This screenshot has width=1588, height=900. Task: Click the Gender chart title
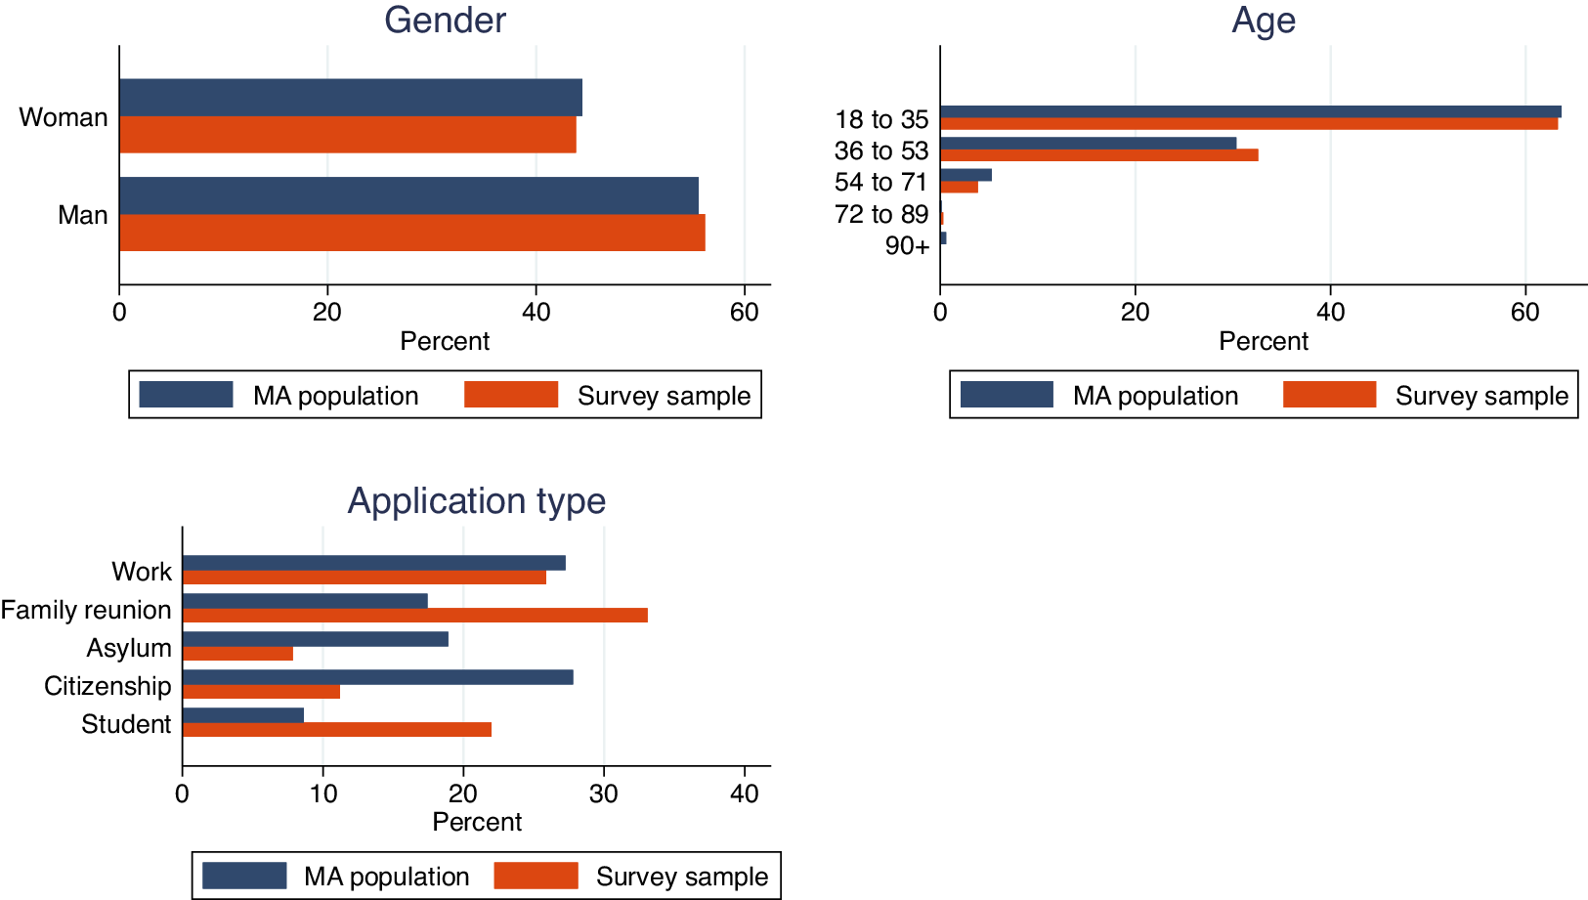(x=445, y=21)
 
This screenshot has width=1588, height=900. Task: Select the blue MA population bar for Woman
(x=350, y=98)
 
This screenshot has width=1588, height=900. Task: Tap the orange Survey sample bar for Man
(x=411, y=233)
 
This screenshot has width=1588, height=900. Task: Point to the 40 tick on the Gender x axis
(x=536, y=312)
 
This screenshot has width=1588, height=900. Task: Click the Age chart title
(x=1263, y=21)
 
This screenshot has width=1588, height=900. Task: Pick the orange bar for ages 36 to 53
(x=1098, y=155)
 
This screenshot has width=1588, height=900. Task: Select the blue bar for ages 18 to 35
(x=1250, y=111)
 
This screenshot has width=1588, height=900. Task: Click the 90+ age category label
(x=907, y=246)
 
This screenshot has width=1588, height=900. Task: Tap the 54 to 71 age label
(x=880, y=183)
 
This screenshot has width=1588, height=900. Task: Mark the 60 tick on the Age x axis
(x=1524, y=312)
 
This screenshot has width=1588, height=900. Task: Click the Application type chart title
(x=477, y=501)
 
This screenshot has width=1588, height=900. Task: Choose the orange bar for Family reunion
(x=414, y=615)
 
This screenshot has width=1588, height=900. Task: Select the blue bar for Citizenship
(x=377, y=677)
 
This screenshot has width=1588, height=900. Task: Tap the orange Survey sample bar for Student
(x=336, y=729)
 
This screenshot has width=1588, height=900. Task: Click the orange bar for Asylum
(x=237, y=654)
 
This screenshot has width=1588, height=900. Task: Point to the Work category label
(x=142, y=572)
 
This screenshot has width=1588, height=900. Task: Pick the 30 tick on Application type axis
(x=604, y=793)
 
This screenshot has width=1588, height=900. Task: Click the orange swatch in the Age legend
(x=1329, y=395)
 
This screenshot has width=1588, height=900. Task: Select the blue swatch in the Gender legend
(x=186, y=395)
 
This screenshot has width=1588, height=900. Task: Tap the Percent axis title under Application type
(x=477, y=822)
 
